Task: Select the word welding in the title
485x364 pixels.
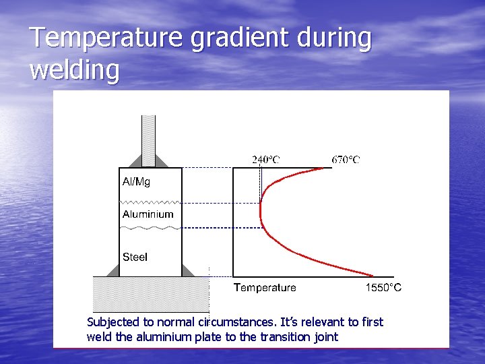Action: point(75,70)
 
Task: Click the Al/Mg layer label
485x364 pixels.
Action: point(136,182)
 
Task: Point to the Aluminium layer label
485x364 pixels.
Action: point(148,214)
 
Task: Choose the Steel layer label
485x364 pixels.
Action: point(135,257)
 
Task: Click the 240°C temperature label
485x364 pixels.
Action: point(266,160)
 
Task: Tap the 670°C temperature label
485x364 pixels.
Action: point(346,160)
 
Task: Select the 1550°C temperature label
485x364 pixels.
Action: point(383,288)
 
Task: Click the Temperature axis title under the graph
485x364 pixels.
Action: point(265,288)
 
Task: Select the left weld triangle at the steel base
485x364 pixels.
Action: point(112,271)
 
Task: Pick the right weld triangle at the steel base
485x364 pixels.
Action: point(187,271)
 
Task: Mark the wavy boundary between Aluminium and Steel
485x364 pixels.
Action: point(150,229)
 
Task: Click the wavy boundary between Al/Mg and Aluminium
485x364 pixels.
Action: point(150,202)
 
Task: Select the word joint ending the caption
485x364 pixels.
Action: point(324,337)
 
